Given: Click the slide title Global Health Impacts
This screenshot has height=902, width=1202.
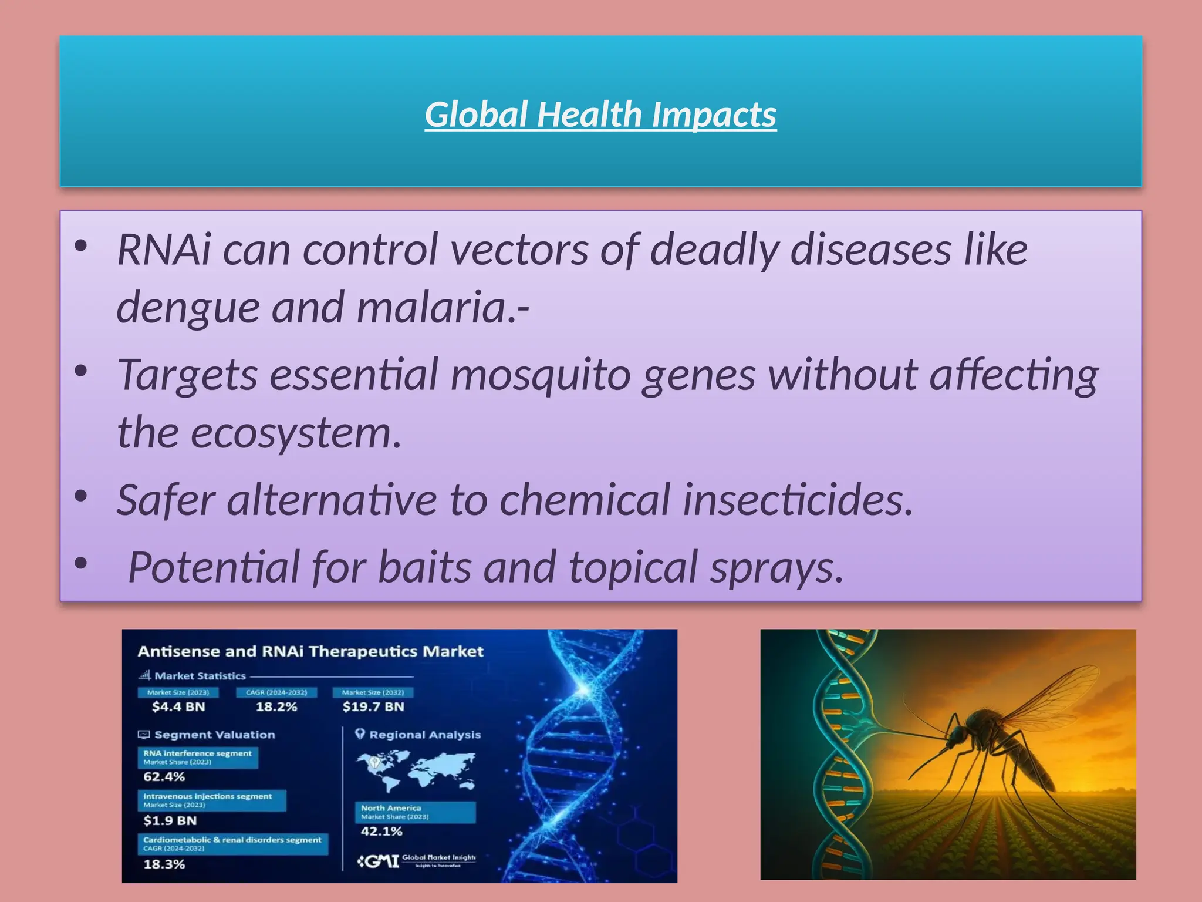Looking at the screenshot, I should tap(600, 114).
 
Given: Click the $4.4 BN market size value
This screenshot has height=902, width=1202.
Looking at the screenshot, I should tap(178, 706).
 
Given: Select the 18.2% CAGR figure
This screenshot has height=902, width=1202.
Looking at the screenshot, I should tap(276, 706).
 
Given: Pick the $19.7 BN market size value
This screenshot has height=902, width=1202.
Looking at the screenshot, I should tap(373, 706).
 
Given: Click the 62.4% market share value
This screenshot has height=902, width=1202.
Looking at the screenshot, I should tap(164, 776).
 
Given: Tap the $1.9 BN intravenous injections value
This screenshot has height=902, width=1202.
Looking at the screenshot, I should tap(170, 820).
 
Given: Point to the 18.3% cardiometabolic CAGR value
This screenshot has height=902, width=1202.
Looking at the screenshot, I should tap(164, 864).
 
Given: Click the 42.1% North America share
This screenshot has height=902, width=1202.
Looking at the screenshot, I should tap(381, 831).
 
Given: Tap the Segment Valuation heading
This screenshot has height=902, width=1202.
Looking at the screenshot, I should tap(214, 735).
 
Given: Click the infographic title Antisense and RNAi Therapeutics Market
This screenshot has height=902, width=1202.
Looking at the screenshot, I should tap(310, 651).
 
